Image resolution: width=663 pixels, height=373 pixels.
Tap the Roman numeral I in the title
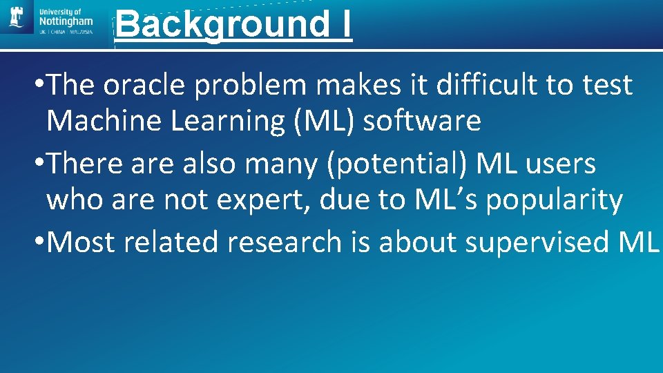[x=343, y=24]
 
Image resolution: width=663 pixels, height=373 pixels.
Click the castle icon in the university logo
[x=17, y=19]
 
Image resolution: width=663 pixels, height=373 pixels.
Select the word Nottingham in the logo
[x=66, y=22]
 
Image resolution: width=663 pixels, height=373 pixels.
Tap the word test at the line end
[x=606, y=85]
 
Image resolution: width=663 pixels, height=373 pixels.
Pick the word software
[x=422, y=121]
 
